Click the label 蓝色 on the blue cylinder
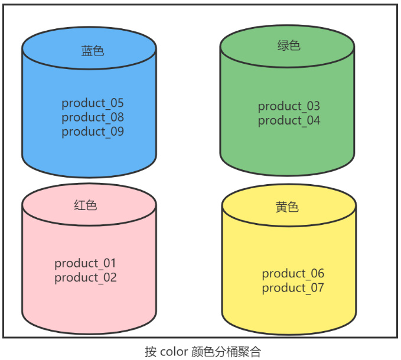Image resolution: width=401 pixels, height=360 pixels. click(x=93, y=51)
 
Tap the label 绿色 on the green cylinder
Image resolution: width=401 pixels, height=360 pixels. click(x=289, y=45)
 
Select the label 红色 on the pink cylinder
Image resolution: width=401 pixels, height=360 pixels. click(x=86, y=205)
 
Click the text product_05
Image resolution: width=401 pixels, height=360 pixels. click(x=93, y=103)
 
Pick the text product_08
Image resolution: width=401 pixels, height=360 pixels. click(x=93, y=117)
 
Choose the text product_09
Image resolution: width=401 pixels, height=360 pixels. click(x=93, y=132)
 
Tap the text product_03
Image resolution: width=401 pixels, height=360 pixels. click(x=289, y=106)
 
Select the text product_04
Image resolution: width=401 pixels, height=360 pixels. click(x=289, y=120)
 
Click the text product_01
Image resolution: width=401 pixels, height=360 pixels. click(x=86, y=263)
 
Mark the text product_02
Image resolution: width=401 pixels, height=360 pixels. click(x=86, y=277)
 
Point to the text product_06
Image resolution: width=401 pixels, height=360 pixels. click(x=293, y=273)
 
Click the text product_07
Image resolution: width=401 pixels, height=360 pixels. click(x=293, y=287)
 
